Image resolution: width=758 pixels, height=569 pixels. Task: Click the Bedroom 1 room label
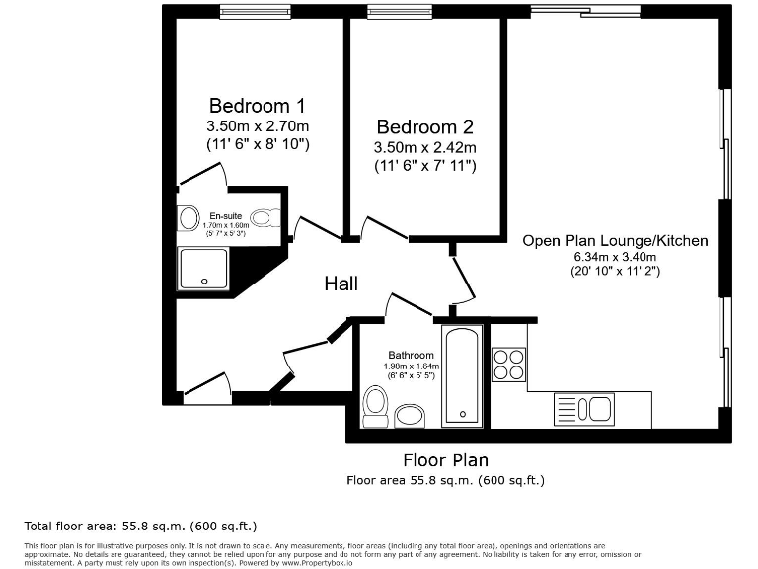[257, 106]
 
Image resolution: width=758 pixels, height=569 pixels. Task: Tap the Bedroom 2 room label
[424, 127]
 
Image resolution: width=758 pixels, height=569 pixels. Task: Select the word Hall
[341, 284]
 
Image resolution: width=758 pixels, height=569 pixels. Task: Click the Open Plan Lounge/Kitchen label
[615, 240]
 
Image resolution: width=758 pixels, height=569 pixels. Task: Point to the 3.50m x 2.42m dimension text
[424, 148]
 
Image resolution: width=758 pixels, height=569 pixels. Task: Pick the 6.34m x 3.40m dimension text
[615, 256]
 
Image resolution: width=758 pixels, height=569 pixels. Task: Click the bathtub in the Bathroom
[462, 375]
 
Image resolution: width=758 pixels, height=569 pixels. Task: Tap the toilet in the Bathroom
[375, 405]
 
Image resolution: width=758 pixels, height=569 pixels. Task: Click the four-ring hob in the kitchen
[508, 365]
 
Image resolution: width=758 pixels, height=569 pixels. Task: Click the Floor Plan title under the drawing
[445, 460]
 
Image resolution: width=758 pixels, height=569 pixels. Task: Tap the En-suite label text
[227, 215]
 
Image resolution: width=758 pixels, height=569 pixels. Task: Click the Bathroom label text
[411, 355]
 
